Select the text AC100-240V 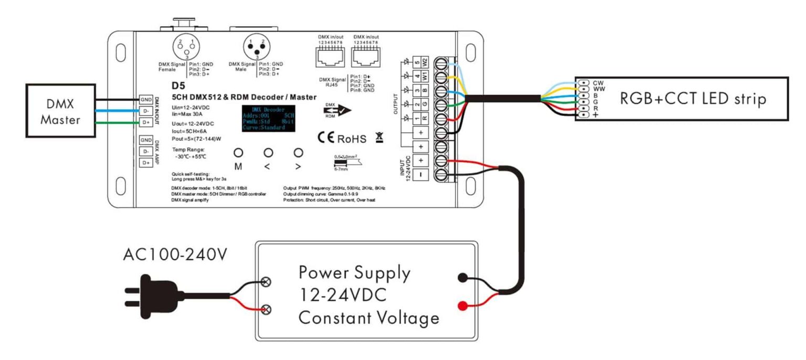(x=175, y=255)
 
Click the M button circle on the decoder (x=238, y=153)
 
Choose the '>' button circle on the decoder (x=299, y=153)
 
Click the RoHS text (x=351, y=139)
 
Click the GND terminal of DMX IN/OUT (x=145, y=100)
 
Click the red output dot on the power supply (x=462, y=306)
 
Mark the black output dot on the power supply (x=462, y=278)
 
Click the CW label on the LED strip (x=598, y=83)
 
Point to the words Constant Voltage (x=368, y=318)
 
